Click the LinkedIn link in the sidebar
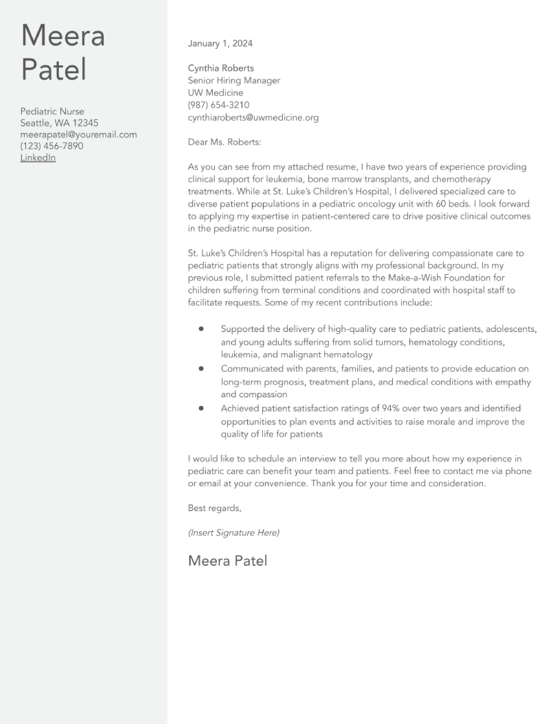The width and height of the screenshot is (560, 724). coord(38,158)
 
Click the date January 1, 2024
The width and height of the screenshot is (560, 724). coord(220,43)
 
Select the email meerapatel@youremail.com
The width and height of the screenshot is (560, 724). coord(79,134)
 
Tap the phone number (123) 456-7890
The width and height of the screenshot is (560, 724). coord(52,146)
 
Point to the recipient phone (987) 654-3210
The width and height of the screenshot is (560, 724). coord(219,105)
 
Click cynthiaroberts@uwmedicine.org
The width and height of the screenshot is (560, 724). coord(253,118)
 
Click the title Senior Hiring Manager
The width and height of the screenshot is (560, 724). coord(234,81)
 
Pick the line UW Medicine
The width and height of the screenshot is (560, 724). coord(215,93)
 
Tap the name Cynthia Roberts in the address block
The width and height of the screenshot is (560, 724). coord(221,68)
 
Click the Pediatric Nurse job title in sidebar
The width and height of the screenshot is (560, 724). coord(52,111)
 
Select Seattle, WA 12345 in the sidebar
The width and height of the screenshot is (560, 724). coord(59,123)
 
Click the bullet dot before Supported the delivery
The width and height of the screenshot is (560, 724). coord(201,329)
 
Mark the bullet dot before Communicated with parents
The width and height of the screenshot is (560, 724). coord(201,369)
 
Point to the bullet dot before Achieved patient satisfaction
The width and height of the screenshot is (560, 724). coord(201,409)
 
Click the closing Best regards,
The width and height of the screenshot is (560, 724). coord(214,508)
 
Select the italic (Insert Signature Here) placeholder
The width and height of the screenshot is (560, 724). coord(234,533)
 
